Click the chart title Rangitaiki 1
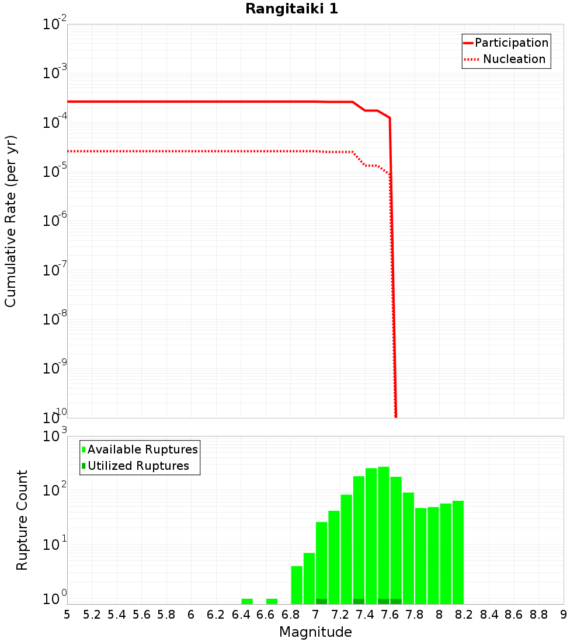291,9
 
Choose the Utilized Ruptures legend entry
138,466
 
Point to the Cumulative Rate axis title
11,221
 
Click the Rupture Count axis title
22,519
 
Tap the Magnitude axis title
315,631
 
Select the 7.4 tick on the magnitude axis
365,615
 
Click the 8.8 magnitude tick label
538,615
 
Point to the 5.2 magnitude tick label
92,615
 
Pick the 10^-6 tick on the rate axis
55,220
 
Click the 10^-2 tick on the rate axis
55,25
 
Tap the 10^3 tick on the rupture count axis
56,436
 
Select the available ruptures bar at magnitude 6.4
247,601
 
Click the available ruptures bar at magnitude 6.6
272,601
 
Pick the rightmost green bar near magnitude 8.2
458,552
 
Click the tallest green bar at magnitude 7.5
383,534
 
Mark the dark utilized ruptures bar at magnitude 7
321,601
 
